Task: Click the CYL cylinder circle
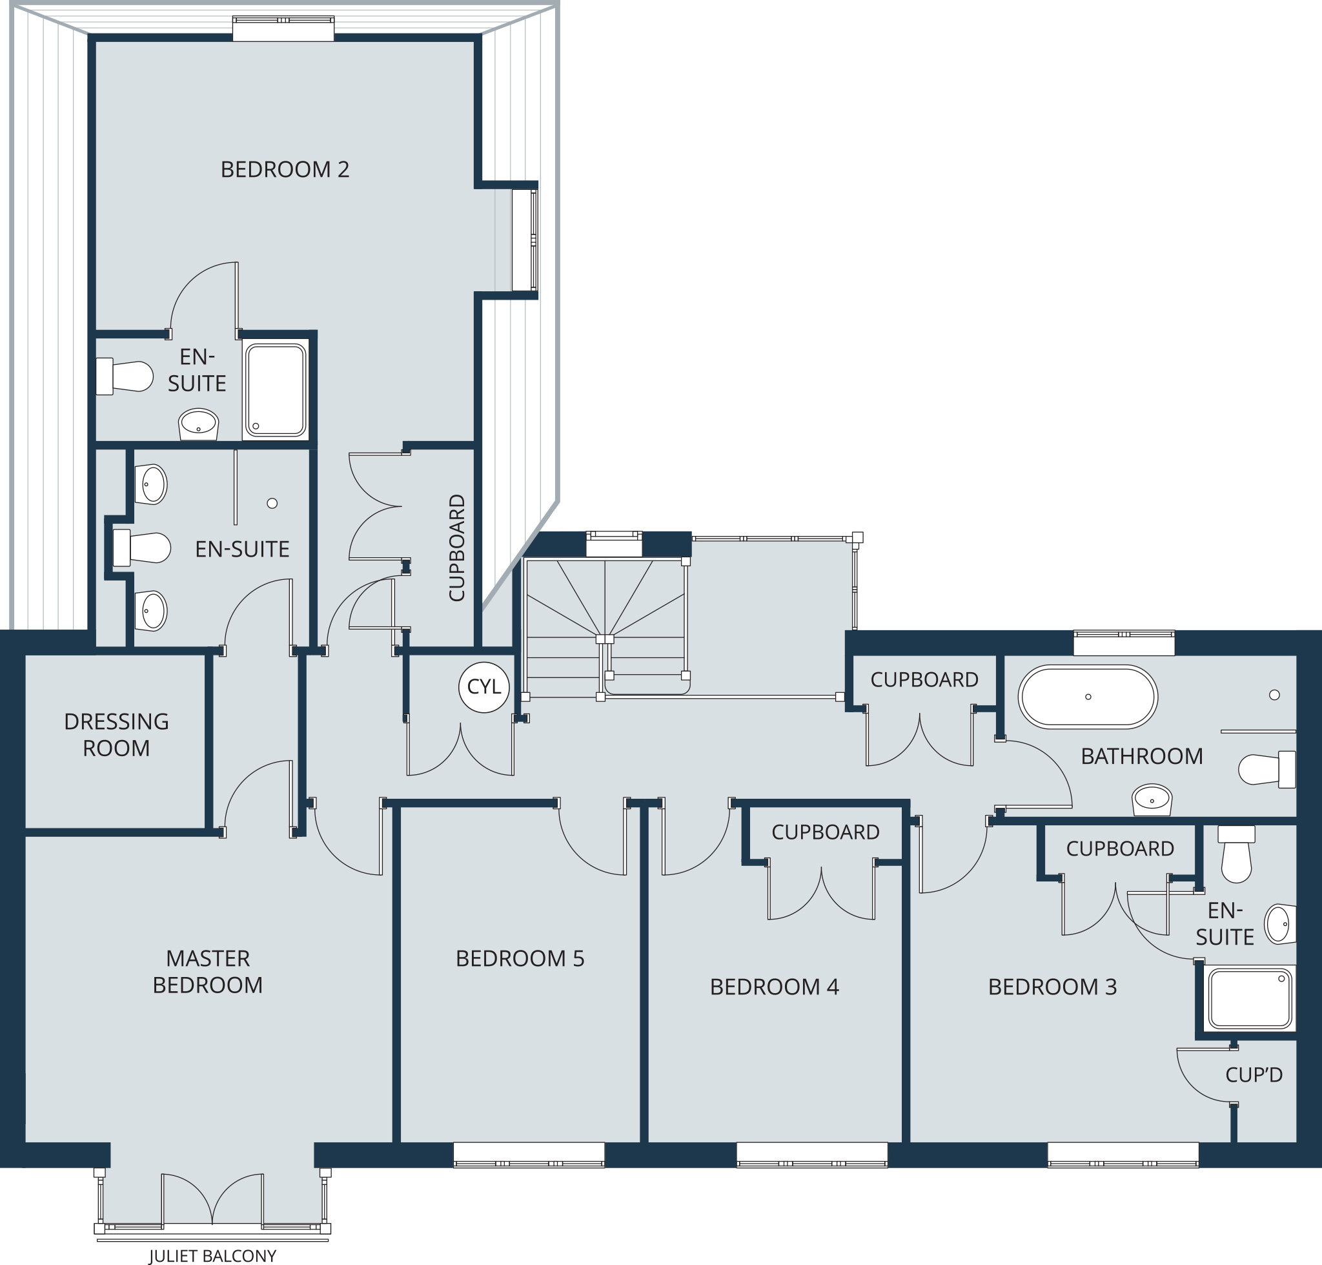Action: (x=483, y=687)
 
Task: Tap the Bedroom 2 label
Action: (x=285, y=169)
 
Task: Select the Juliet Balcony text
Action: (x=212, y=1255)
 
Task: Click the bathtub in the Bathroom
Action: (x=1088, y=697)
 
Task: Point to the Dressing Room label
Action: (x=116, y=734)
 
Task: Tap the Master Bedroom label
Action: (x=208, y=971)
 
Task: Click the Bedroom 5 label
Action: (x=520, y=958)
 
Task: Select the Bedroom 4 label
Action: (x=774, y=987)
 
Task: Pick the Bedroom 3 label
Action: (x=1052, y=987)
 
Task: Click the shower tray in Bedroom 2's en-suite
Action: (x=275, y=390)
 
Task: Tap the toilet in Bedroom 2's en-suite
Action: (x=125, y=376)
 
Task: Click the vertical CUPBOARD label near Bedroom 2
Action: (x=457, y=548)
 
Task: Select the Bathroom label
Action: (x=1141, y=756)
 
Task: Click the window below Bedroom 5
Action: (x=529, y=1154)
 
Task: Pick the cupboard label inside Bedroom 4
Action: (x=825, y=832)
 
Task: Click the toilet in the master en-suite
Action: (x=141, y=548)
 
